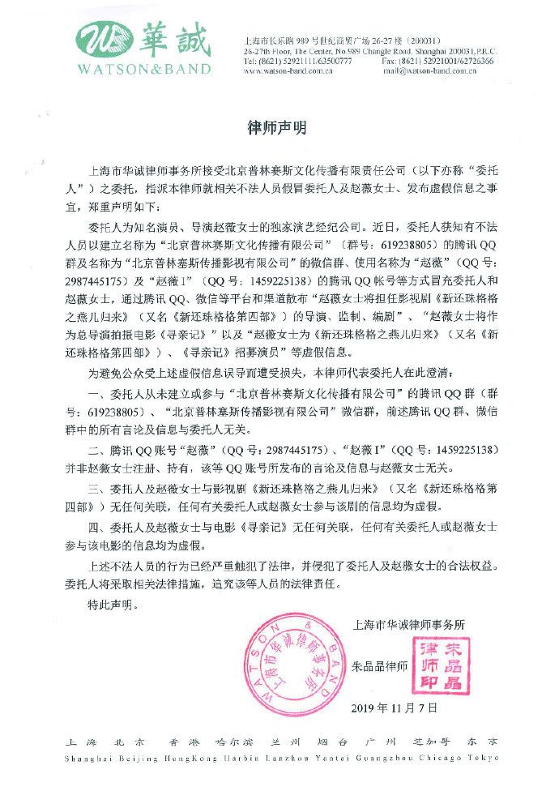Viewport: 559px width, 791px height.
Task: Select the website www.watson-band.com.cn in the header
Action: pyautogui.click(x=289, y=71)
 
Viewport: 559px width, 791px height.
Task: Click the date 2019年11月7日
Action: pyautogui.click(x=396, y=708)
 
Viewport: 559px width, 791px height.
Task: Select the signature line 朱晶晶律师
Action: pyautogui.click(x=380, y=667)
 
